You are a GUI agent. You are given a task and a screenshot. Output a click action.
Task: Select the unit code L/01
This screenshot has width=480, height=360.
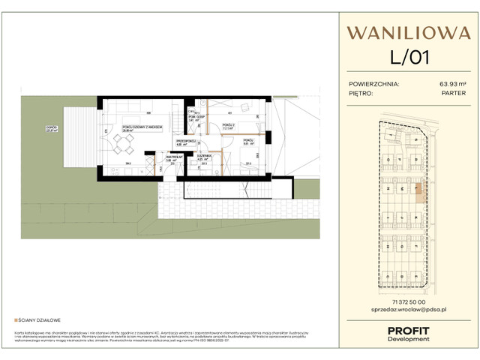click(x=409, y=57)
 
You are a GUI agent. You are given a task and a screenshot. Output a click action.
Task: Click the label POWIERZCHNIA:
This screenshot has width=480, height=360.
click(x=374, y=84)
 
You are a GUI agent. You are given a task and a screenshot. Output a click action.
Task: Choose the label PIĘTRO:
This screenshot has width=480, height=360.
click(x=364, y=94)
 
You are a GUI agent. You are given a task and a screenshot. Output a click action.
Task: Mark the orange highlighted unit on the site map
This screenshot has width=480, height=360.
click(x=419, y=192)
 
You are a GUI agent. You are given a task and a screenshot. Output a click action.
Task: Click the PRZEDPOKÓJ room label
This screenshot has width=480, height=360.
click(x=185, y=142)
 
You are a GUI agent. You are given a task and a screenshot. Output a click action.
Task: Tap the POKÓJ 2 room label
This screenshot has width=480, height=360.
click(x=228, y=125)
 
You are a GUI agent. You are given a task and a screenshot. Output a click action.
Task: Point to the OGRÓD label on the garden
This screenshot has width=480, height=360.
click(x=51, y=128)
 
